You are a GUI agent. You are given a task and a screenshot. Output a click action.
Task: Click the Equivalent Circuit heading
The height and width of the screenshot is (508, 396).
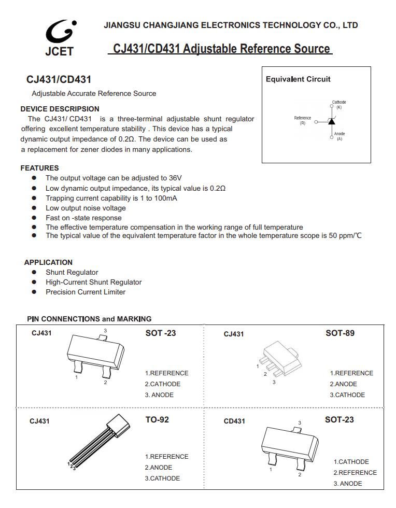pos(298,79)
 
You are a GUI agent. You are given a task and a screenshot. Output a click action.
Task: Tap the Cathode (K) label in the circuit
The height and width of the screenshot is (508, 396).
pos(339,104)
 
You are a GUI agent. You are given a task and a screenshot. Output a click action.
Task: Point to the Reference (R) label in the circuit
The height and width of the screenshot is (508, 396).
pos(303,120)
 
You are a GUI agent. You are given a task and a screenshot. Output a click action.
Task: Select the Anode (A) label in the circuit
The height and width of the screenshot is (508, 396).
pos(340,136)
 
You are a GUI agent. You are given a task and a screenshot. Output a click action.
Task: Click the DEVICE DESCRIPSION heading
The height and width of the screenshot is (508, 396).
pos(60,109)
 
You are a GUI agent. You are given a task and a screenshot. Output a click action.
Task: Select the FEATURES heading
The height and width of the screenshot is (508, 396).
pos(39,168)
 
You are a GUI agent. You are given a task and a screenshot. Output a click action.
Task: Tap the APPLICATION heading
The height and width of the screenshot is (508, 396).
pos(48,262)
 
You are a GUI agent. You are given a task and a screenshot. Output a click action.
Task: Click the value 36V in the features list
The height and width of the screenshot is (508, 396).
pos(175,178)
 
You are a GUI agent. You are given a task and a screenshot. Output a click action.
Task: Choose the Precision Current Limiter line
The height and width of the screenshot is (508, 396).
pos(86,292)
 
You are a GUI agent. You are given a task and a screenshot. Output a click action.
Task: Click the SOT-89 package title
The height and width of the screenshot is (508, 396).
pos(340,333)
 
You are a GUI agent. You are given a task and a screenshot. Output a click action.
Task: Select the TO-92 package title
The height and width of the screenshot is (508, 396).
pos(157,419)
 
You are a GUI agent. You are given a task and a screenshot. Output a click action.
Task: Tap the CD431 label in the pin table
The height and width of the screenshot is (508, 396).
pos(234,421)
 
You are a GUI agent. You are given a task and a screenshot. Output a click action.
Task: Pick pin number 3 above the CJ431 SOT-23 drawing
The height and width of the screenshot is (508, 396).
pos(105,331)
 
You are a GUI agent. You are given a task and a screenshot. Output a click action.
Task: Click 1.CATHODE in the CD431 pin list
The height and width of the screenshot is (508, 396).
pos(351,461)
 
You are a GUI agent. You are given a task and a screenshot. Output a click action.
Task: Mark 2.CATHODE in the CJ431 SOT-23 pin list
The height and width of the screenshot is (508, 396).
pos(162,384)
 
